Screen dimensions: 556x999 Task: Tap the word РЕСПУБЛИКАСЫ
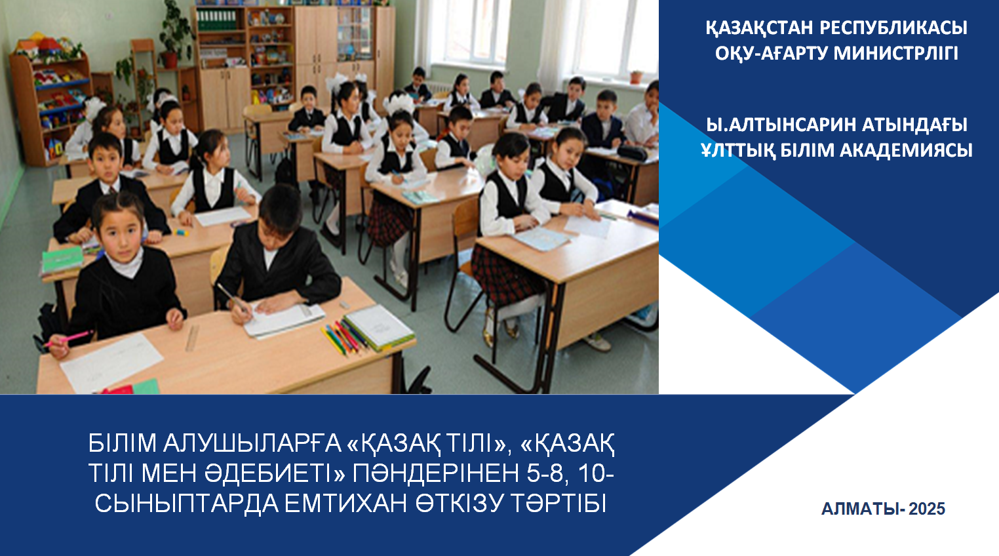[893, 28]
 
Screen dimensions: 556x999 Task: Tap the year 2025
[927, 509]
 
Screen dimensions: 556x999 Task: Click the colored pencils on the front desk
[345, 336]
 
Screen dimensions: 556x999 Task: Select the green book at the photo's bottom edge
[146, 386]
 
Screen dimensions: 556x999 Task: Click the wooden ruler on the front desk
[191, 337]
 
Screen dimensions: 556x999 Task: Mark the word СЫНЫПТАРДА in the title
[186, 504]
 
